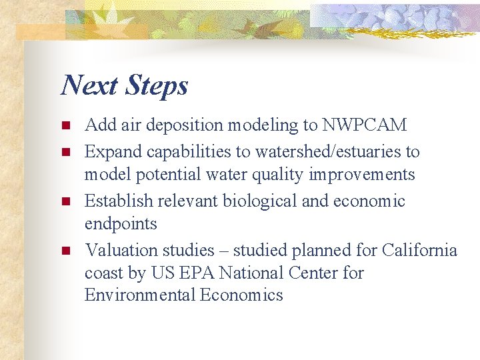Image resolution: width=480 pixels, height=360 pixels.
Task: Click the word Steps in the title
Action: [156, 86]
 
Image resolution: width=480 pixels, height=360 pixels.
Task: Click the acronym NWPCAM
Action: [365, 125]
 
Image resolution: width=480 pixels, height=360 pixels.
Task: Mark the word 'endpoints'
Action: [121, 224]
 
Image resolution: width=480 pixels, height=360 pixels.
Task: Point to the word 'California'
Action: [419, 250]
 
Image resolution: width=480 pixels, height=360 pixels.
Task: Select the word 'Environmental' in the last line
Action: [140, 295]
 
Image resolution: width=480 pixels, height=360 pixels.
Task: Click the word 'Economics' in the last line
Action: [242, 295]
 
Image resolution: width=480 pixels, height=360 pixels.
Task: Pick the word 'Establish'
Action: [117, 201]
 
